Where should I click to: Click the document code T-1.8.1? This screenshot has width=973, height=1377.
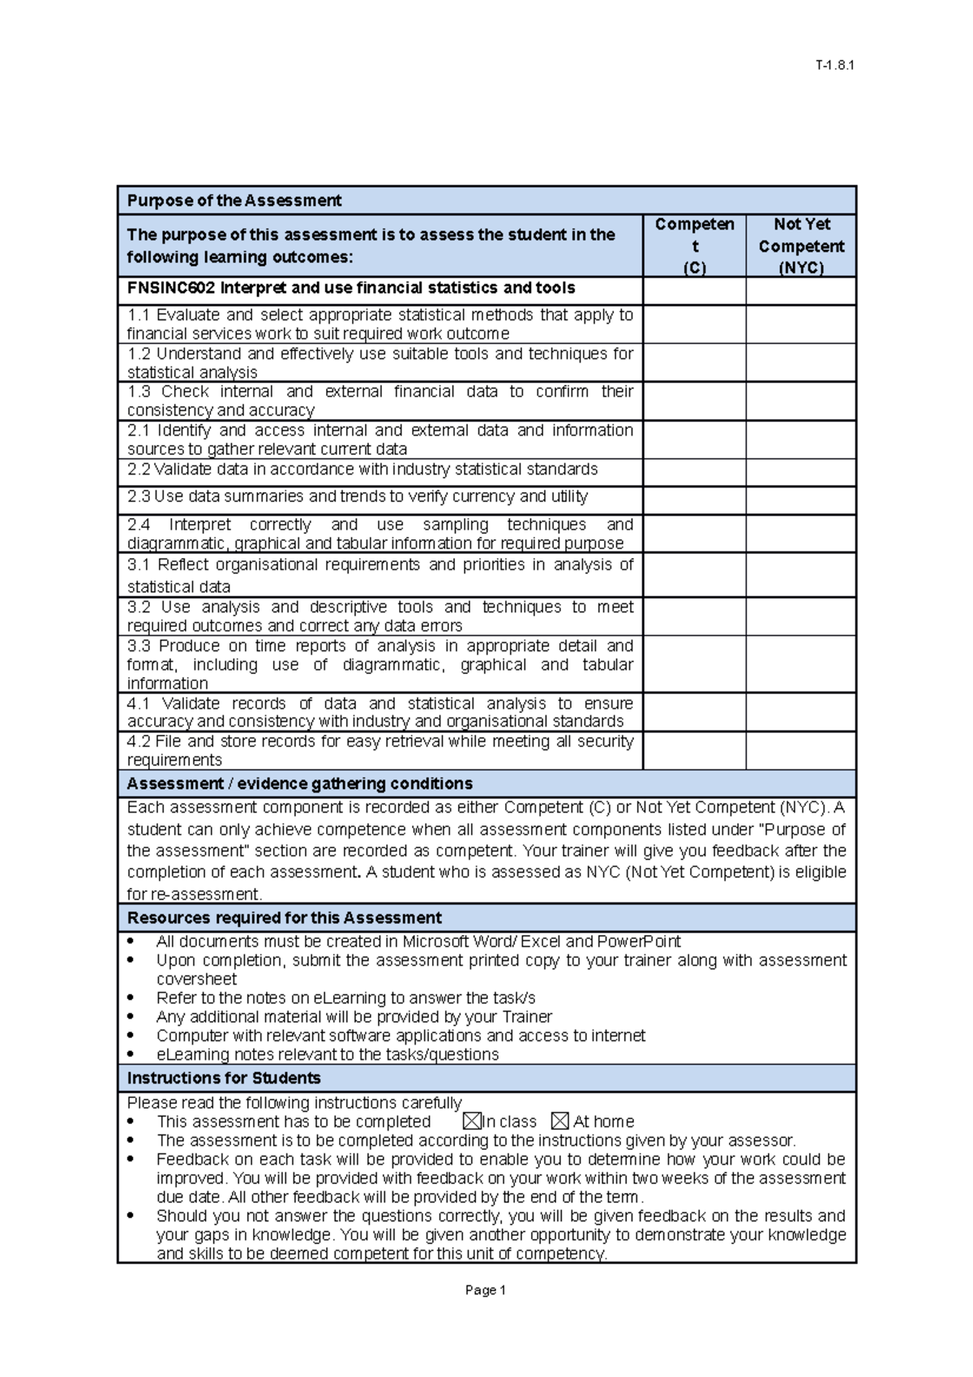834,66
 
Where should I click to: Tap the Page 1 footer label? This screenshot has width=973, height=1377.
486,1290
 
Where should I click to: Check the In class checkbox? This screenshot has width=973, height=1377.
472,1122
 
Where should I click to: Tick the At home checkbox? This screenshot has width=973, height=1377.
559,1122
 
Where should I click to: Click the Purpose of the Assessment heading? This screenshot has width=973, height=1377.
234,200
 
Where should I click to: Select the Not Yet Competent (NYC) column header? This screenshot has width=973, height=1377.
800,246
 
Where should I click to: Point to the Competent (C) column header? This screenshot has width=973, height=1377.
694,246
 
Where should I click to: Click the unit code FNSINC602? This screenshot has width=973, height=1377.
171,288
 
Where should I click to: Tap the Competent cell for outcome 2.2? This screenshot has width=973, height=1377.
694,472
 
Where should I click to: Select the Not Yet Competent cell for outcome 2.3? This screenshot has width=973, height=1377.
800,500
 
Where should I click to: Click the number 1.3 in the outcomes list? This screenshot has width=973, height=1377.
139,392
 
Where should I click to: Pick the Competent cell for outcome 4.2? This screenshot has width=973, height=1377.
694,750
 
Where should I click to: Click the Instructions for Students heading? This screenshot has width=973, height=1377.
224,1078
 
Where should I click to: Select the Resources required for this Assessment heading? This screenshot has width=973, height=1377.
285,918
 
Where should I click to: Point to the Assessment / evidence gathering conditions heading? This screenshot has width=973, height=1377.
300,783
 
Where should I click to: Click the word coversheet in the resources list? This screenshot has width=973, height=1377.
196,979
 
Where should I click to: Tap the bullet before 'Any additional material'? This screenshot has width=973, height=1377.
132,1017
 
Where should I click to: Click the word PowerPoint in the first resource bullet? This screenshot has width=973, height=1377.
639,942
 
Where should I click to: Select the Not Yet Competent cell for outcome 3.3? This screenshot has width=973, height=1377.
800,663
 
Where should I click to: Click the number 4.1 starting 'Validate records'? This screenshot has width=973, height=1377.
139,703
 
